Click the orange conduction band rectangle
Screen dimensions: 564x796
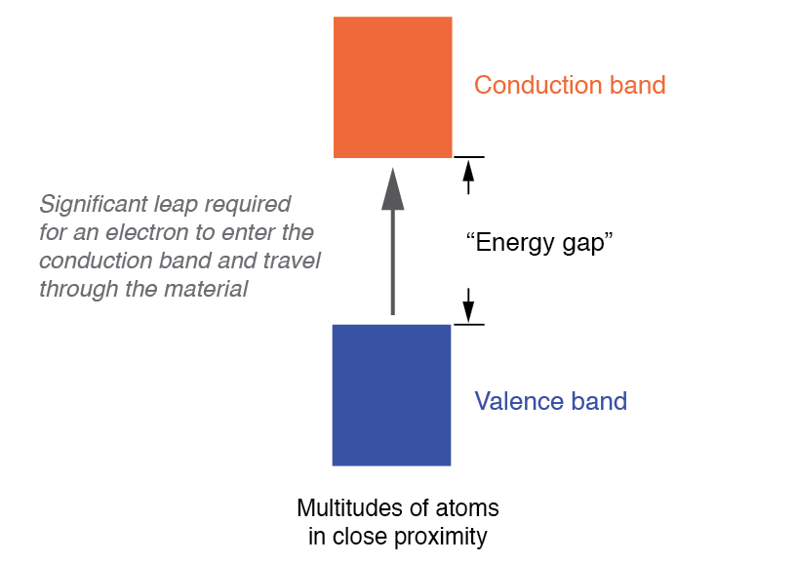point(392,87)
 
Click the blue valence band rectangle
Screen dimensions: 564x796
point(391,394)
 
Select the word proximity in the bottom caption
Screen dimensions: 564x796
point(441,536)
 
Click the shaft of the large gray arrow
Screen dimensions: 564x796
point(392,263)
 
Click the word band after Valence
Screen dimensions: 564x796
point(599,401)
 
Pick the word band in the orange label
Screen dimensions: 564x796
point(637,85)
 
